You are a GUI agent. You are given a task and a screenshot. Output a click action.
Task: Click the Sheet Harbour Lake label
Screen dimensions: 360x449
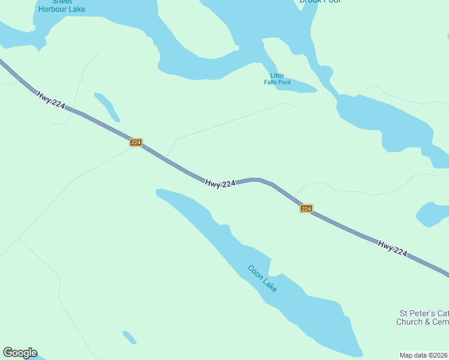[61, 5]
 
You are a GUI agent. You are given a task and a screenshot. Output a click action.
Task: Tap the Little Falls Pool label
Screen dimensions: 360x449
[277, 79]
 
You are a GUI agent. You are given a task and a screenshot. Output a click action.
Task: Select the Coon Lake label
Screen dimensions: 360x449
[262, 278]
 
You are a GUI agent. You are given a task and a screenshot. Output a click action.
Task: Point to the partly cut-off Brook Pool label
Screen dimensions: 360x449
[320, 2]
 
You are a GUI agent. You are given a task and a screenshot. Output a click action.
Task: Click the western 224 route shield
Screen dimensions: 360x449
[136, 142]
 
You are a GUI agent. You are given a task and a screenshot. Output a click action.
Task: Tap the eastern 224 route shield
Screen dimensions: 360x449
[306, 208]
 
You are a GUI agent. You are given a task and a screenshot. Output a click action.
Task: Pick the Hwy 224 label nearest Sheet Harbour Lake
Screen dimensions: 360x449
[50, 100]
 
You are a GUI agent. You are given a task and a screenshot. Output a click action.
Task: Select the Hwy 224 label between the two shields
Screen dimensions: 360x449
[220, 184]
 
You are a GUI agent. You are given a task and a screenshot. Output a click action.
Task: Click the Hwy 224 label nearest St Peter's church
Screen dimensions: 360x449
[393, 248]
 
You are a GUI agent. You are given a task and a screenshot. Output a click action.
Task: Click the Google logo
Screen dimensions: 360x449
[20, 353]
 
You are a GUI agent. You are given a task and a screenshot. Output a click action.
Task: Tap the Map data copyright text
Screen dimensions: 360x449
[424, 355]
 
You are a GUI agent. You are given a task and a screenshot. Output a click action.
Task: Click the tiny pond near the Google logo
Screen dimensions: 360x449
[130, 337]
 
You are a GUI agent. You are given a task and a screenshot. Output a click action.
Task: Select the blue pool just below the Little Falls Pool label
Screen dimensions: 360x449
[297, 88]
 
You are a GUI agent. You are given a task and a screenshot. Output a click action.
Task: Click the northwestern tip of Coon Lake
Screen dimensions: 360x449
[160, 193]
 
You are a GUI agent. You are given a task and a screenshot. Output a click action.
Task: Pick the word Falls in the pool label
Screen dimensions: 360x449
[273, 82]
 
